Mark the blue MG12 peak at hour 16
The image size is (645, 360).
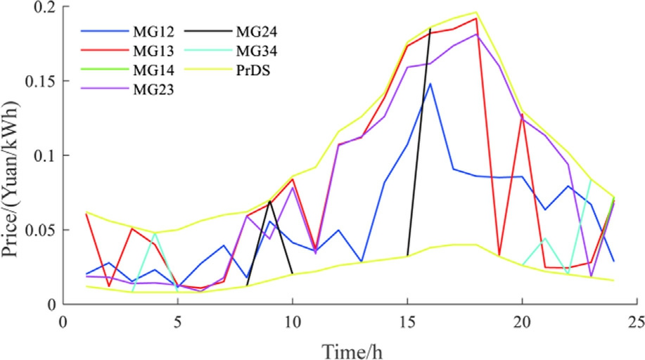pyautogui.click(x=430, y=84)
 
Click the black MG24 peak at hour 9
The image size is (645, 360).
pyautogui.click(x=269, y=201)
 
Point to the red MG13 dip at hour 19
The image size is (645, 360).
pyautogui.click(x=499, y=255)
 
